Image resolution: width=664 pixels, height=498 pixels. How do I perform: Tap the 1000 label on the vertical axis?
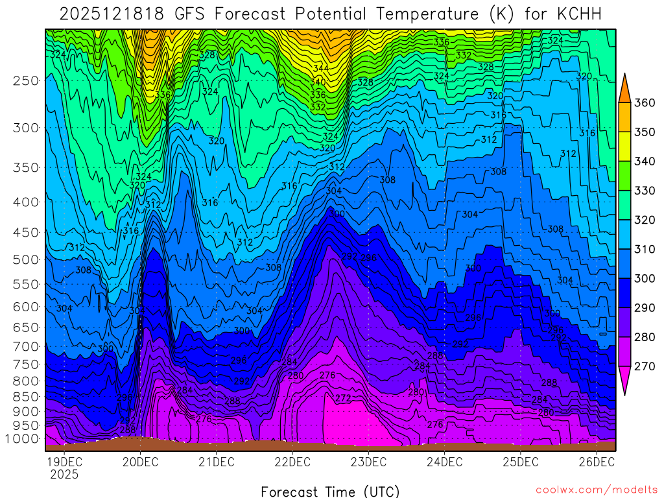[27, 439]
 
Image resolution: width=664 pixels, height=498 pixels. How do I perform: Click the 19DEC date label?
[64, 462]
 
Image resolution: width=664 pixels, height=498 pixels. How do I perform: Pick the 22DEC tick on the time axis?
[292, 462]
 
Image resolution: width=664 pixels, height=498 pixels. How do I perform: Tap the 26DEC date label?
[597, 462]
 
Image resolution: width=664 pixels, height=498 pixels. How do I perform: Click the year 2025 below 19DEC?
[64, 474]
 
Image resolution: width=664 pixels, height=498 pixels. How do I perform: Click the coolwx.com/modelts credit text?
[596, 490]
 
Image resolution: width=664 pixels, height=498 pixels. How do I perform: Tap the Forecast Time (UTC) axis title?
[330, 491]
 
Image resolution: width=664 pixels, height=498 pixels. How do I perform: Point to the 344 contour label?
[320, 68]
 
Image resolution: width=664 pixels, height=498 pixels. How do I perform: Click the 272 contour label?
[343, 397]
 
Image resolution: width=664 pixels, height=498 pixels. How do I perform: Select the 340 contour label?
[318, 82]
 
